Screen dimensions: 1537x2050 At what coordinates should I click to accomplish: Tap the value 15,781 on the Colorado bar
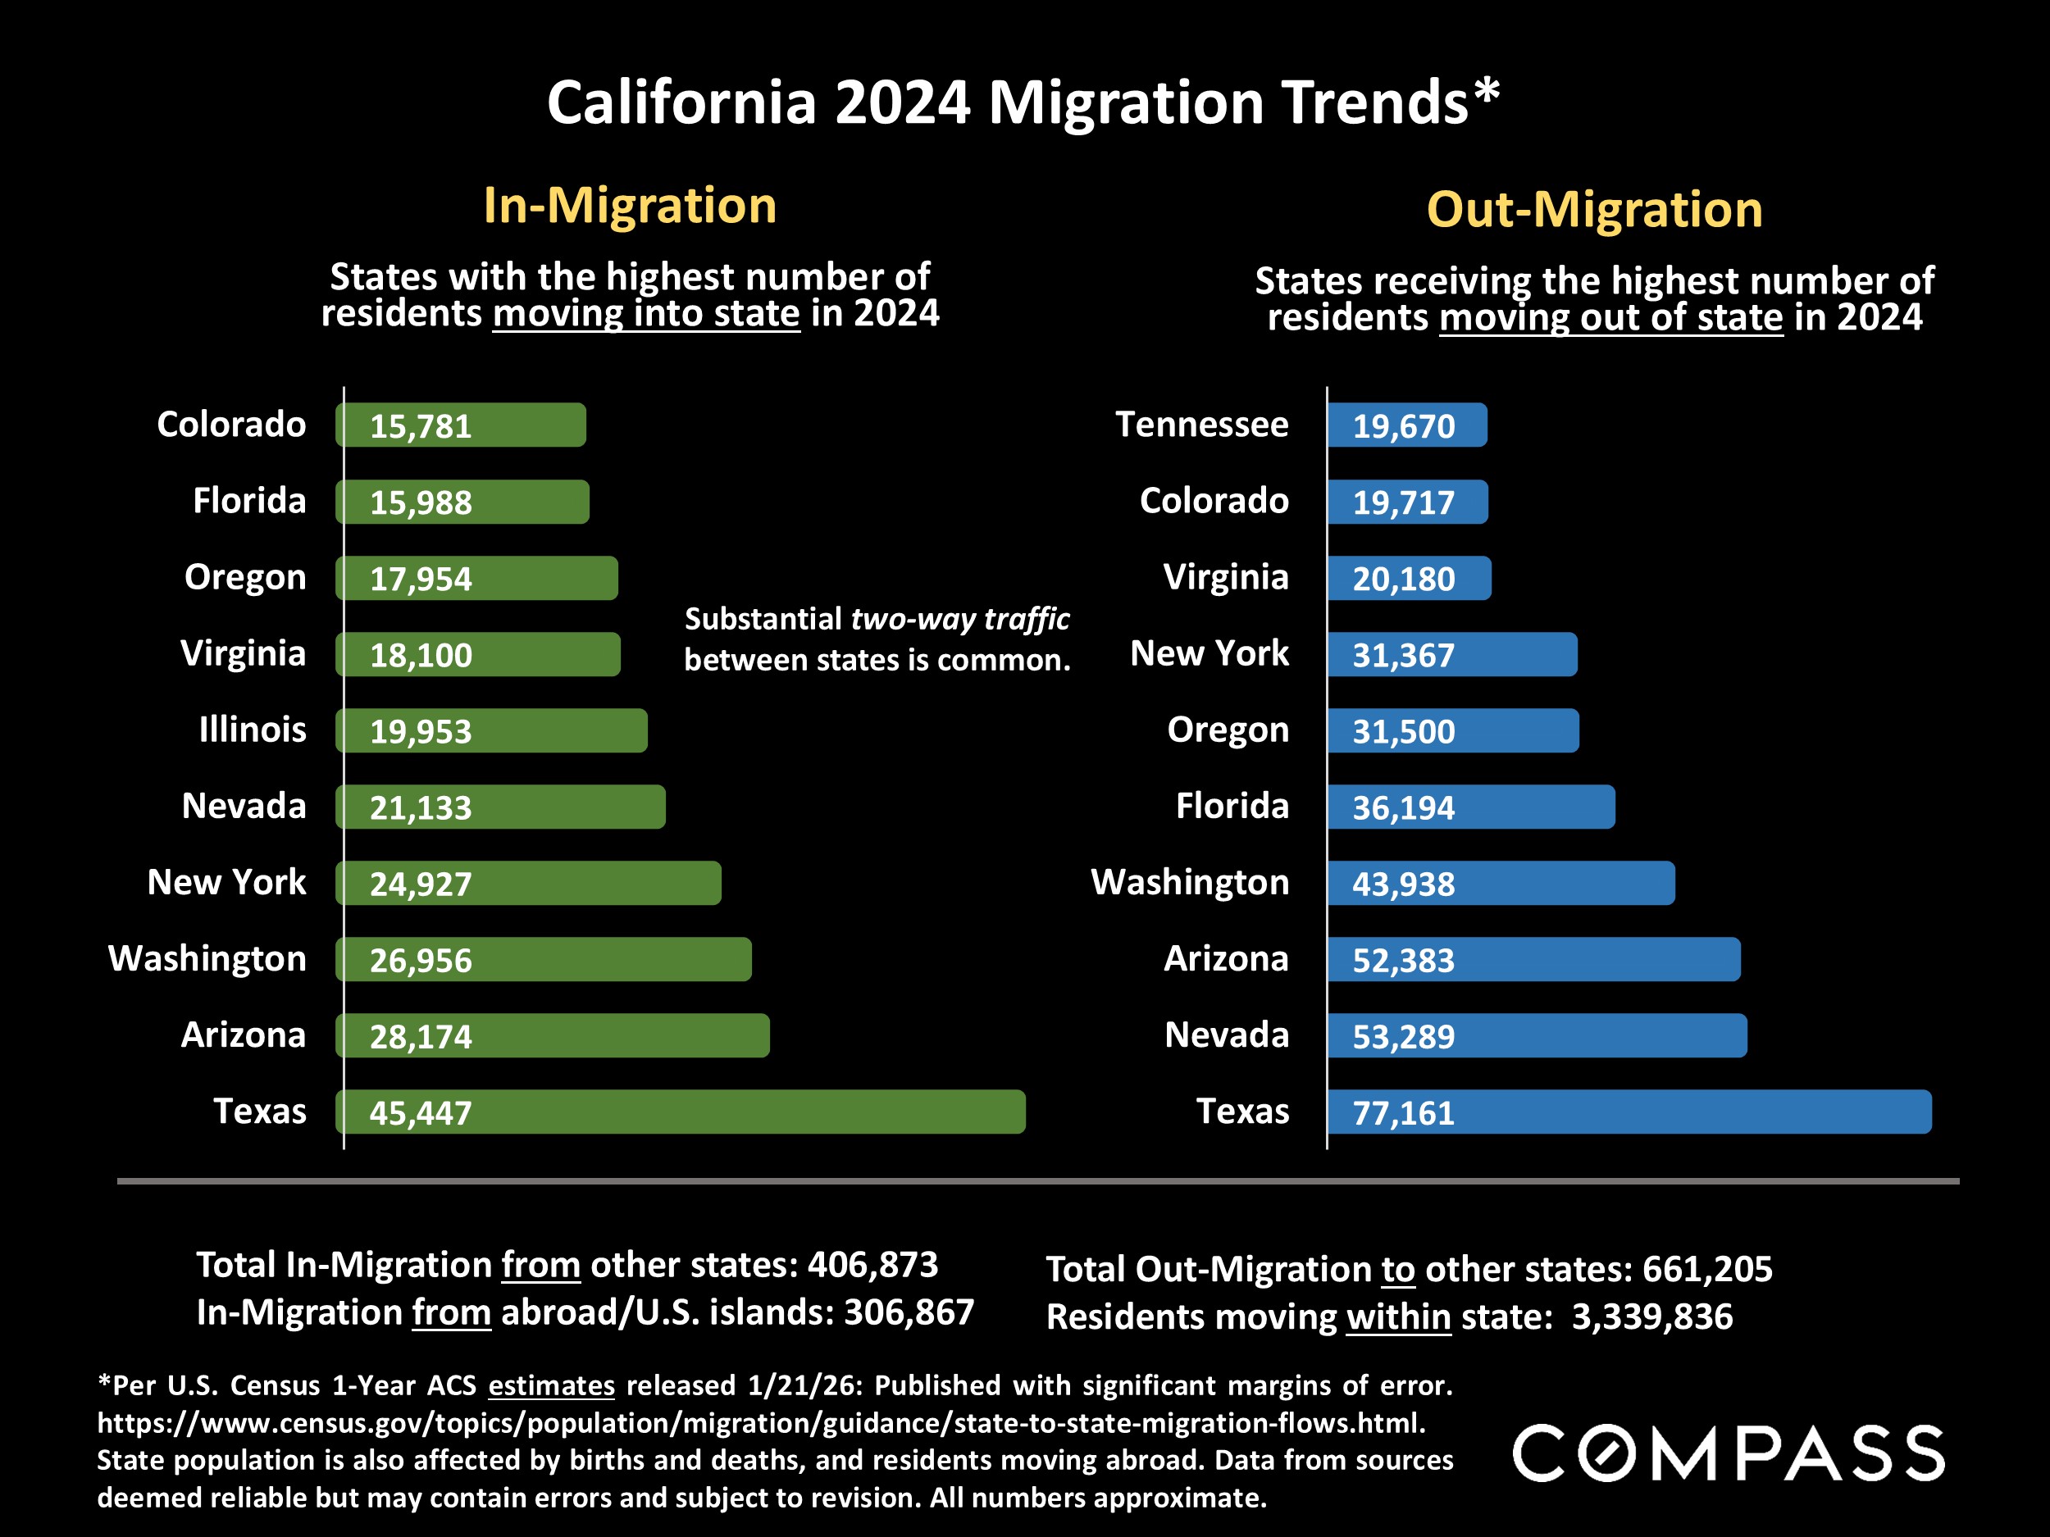pos(421,426)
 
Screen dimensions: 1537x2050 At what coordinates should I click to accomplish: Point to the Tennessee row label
pos(1201,425)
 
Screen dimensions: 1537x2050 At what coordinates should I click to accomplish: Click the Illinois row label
pos(252,730)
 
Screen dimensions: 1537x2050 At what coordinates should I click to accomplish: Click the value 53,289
pos(1403,1037)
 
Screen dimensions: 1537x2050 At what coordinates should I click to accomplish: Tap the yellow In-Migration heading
pos(629,205)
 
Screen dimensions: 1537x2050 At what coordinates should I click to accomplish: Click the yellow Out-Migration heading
pos(1594,209)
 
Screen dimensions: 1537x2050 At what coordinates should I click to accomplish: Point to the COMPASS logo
pos(1729,1453)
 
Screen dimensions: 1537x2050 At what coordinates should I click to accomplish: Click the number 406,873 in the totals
pos(872,1265)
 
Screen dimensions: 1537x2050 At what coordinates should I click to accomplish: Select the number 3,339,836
pos(1651,1316)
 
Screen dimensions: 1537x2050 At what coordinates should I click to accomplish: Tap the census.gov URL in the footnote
pos(760,1422)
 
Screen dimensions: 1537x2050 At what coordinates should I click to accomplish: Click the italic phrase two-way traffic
pos(960,619)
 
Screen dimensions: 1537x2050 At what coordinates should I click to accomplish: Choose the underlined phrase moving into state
pos(646,313)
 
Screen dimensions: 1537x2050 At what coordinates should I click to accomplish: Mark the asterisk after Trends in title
pos(1487,93)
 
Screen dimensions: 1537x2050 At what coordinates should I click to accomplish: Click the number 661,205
pos(1707,1269)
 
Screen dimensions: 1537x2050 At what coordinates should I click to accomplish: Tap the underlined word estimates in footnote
pos(551,1385)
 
